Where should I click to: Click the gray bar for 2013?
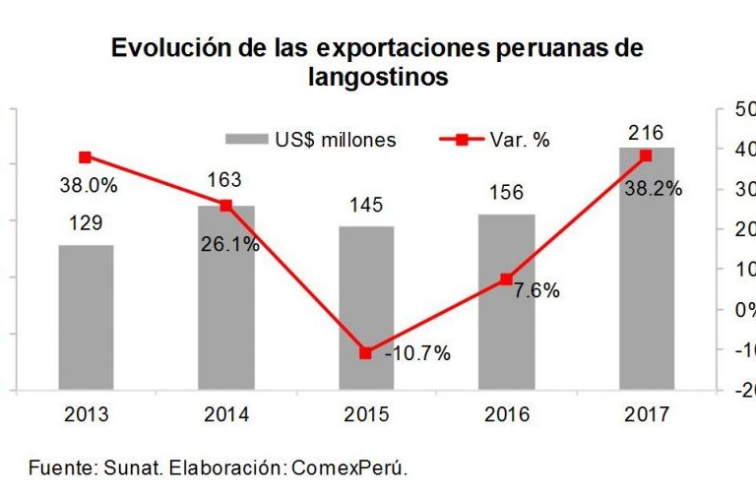point(86,317)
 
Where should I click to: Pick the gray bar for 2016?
point(507,301)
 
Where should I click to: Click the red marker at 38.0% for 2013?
point(86,157)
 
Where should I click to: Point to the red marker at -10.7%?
point(366,352)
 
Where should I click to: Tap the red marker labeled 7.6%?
point(507,279)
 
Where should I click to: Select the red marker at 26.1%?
point(226,206)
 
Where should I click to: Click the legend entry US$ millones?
point(310,140)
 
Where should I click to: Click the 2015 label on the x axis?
point(366,414)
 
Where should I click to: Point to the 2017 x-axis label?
point(647,414)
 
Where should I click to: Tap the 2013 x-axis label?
point(86,414)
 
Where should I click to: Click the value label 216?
point(646,132)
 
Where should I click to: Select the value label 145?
point(366,207)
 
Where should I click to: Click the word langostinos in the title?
point(378,78)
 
